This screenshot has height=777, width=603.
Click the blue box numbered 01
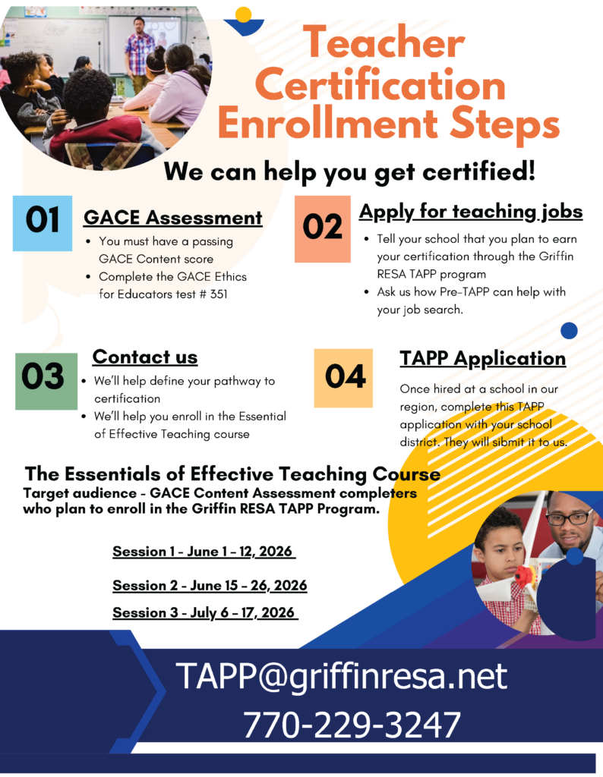pyautogui.click(x=43, y=222)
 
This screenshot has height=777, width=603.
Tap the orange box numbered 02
pyautogui.click(x=323, y=228)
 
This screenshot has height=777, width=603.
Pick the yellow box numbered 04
pyautogui.click(x=344, y=378)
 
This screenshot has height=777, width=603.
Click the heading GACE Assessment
pyautogui.click(x=172, y=218)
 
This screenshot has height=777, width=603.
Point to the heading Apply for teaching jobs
pyautogui.click(x=470, y=211)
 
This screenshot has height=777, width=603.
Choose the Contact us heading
pyautogui.click(x=144, y=357)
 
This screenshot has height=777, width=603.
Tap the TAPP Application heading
pyautogui.click(x=482, y=358)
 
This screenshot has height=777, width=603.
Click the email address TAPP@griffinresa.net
pyautogui.click(x=342, y=675)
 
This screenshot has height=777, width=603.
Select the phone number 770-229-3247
pyautogui.click(x=352, y=725)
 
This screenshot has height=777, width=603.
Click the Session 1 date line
pyautogui.click(x=203, y=552)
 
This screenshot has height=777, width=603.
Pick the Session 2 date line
pyautogui.click(x=210, y=586)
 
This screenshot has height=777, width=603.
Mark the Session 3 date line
pyautogui.click(x=204, y=612)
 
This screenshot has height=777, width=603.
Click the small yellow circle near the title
pyautogui.click(x=243, y=14)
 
